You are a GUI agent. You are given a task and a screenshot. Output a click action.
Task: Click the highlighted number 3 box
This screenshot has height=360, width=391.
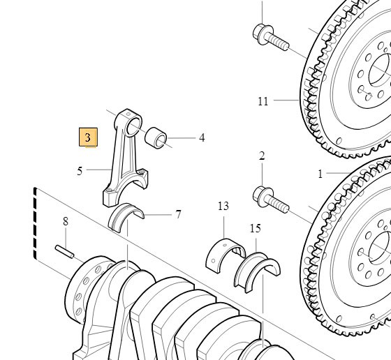88,137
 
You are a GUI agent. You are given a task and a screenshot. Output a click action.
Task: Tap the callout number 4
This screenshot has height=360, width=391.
202,138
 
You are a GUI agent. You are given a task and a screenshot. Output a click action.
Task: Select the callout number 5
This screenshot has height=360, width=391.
80,170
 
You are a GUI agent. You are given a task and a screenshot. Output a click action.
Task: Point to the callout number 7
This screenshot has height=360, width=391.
178,214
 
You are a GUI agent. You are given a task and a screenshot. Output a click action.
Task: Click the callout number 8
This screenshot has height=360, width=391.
66,222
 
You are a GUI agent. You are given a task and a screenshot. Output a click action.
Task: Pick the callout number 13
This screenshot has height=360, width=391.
223,206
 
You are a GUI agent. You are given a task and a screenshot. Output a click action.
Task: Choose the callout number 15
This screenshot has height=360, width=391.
255,228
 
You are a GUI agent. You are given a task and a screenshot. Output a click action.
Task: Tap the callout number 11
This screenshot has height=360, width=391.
263,101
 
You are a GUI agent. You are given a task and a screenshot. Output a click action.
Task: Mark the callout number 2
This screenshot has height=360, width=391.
262,156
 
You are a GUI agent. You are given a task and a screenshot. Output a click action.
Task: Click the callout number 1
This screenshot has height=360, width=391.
320,173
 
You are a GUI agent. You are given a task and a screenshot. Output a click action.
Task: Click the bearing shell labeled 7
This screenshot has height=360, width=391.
126,214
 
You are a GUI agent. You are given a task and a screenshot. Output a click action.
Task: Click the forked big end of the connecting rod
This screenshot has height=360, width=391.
121,189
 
